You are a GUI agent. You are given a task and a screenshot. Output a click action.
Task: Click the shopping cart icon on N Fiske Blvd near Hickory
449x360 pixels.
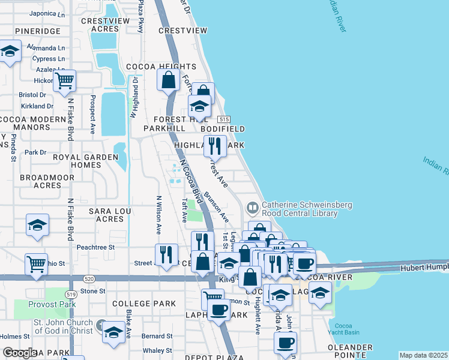[64, 80]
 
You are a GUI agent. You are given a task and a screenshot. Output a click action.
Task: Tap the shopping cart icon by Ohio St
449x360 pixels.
[36, 263]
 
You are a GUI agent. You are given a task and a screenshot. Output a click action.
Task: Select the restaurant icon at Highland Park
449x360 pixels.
[215, 145]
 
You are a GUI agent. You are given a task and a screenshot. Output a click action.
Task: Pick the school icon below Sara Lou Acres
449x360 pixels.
[38, 225]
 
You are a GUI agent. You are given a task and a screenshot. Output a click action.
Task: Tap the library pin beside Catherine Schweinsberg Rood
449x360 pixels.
[252, 208]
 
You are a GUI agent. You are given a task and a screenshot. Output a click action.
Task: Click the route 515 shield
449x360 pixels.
[224, 119]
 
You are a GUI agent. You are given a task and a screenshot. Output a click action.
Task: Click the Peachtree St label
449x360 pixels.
[95, 247]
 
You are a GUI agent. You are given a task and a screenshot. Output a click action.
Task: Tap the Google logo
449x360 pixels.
[19, 353]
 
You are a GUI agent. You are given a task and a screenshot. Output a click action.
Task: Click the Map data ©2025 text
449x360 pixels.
[423, 355]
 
